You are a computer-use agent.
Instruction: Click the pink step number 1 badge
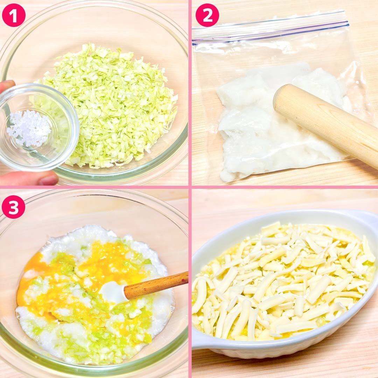14,15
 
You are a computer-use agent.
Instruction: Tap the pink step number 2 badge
207,15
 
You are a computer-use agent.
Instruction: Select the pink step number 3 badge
14,207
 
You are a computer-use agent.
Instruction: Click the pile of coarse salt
29,128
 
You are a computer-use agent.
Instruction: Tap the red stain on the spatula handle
185,280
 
